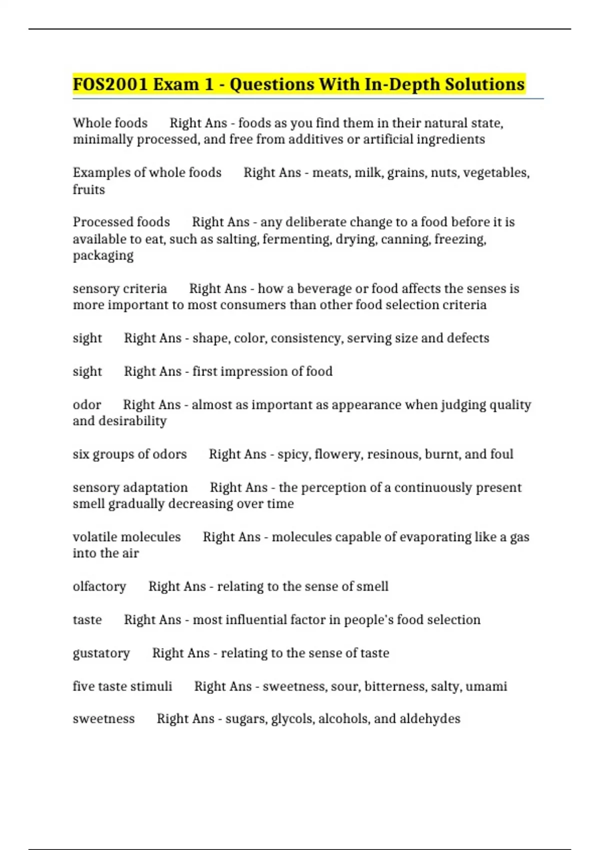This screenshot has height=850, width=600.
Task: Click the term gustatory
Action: pos(101,653)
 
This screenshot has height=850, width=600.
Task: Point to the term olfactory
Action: pos(99,586)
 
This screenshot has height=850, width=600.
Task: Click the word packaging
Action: pos(103,255)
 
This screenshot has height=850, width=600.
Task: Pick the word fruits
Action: pos(88,189)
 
